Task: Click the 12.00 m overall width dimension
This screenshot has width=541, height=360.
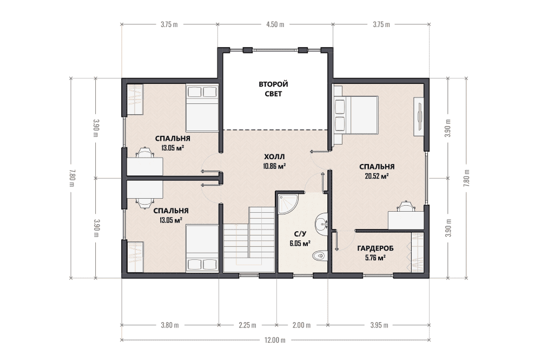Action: [x=275, y=341]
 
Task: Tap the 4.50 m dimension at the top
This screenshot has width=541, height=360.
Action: [x=275, y=24]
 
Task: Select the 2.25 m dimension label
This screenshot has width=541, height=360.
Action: [x=247, y=325]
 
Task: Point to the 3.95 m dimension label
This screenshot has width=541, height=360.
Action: [x=379, y=325]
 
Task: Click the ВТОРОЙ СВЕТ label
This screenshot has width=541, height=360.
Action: [x=273, y=89]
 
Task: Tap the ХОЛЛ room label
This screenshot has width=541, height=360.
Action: [x=274, y=156]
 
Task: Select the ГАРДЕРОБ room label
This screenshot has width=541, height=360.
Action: [x=375, y=248]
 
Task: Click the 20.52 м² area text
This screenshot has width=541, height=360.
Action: [x=377, y=176]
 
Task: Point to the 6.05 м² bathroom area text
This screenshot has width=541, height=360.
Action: [x=300, y=243]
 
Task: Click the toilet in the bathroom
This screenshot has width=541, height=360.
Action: [x=320, y=256]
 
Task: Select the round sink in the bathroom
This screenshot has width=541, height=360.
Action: [x=322, y=222]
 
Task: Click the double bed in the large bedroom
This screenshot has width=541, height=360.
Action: [x=355, y=115]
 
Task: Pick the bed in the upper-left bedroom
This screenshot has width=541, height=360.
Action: [x=202, y=108]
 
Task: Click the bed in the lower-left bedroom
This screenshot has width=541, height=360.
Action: [x=202, y=248]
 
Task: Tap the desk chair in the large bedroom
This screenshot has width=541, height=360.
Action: [x=406, y=206]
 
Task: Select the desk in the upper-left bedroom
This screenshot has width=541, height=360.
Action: [x=145, y=166]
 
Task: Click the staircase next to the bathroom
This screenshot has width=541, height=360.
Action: [x=249, y=239]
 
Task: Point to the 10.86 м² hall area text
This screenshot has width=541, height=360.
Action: [x=274, y=166]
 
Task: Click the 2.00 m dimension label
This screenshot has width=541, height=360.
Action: [x=301, y=325]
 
